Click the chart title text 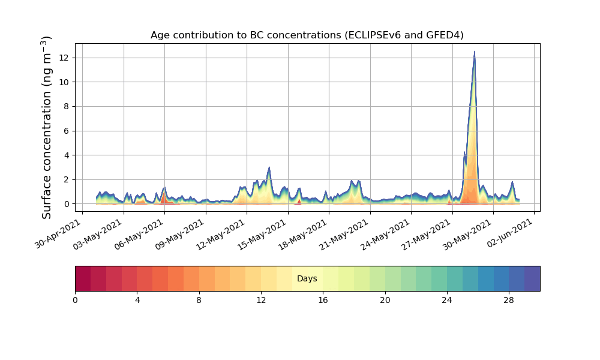pyautogui.click(x=307, y=35)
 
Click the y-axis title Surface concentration pyautogui.click(x=47, y=127)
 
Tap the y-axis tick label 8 pyautogui.click(x=66, y=107)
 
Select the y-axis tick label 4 pyautogui.click(x=66, y=155)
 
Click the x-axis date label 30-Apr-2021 pyautogui.click(x=58, y=233)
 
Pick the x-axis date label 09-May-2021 pyautogui.click(x=181, y=233)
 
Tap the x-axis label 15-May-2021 pyautogui.click(x=263, y=233)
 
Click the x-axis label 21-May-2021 pyautogui.click(x=346, y=233)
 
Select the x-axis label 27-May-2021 pyautogui.click(x=428, y=233)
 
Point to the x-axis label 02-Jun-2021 pyautogui.click(x=510, y=233)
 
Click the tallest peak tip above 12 pyautogui.click(x=475, y=52)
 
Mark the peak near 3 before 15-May pyautogui.click(x=269, y=167)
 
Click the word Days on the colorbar pyautogui.click(x=307, y=279)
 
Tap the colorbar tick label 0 pyautogui.click(x=75, y=300)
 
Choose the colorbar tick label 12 pyautogui.click(x=261, y=300)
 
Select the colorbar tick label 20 pyautogui.click(x=385, y=300)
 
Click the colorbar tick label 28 pyautogui.click(x=509, y=300)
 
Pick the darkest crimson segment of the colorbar pyautogui.click(x=83, y=278)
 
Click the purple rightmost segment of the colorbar pyautogui.click(x=532, y=278)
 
